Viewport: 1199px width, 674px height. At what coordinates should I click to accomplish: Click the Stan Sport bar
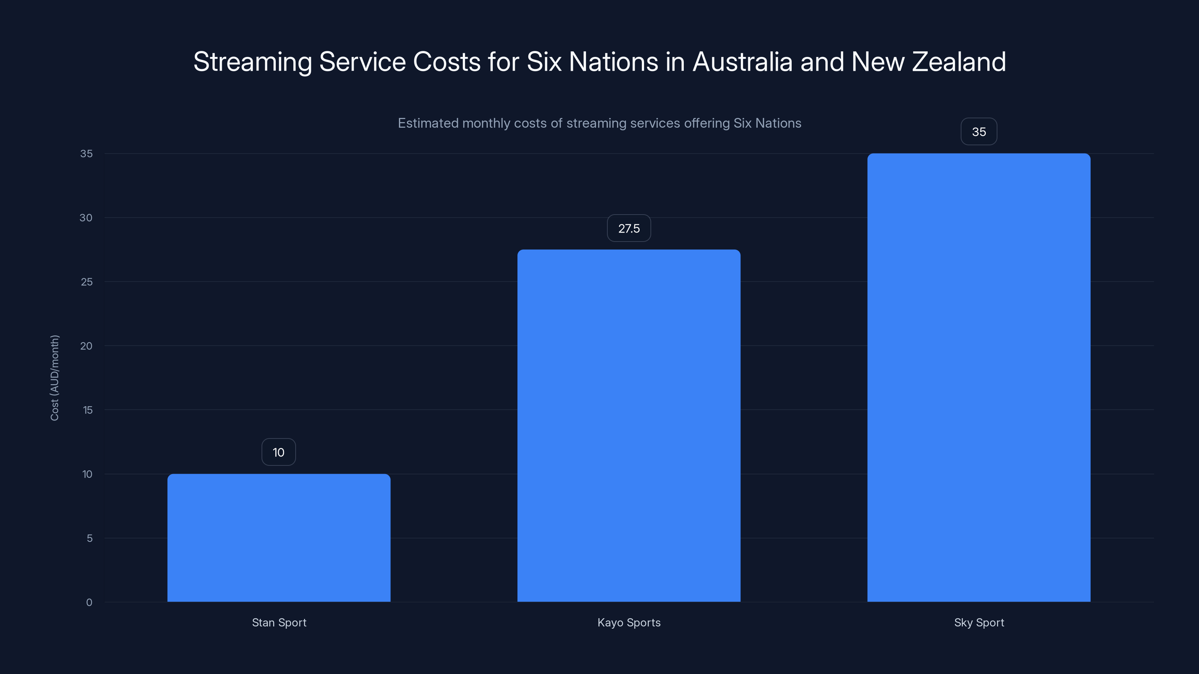pyautogui.click(x=279, y=538)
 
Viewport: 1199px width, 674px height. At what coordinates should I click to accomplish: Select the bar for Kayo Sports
pyautogui.click(x=629, y=426)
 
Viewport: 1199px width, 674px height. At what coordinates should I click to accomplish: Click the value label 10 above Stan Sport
pyautogui.click(x=278, y=452)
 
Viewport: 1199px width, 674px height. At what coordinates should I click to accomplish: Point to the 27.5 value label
pyautogui.click(x=629, y=228)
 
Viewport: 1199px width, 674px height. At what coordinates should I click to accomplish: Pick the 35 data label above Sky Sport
pyautogui.click(x=979, y=132)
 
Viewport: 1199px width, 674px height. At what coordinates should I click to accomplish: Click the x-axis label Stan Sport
pyautogui.click(x=279, y=622)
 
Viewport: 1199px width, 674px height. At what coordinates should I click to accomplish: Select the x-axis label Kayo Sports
pyautogui.click(x=629, y=622)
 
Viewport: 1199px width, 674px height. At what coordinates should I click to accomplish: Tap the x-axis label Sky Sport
pyautogui.click(x=979, y=622)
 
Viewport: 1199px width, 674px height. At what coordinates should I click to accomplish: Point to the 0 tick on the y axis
pyautogui.click(x=89, y=602)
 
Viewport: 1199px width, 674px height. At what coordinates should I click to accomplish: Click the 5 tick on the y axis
pyautogui.click(x=90, y=538)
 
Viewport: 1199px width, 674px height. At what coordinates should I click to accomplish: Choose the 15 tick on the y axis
pyautogui.click(x=88, y=410)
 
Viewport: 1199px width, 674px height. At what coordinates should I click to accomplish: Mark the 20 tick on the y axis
pyautogui.click(x=86, y=346)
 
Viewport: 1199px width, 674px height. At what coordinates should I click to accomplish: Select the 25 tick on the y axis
pyautogui.click(x=87, y=282)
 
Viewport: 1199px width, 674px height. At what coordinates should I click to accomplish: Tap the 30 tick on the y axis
pyautogui.click(x=86, y=218)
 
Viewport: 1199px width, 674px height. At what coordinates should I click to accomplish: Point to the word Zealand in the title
pyautogui.click(x=959, y=62)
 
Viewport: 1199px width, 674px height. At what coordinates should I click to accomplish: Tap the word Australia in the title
pyautogui.click(x=742, y=62)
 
